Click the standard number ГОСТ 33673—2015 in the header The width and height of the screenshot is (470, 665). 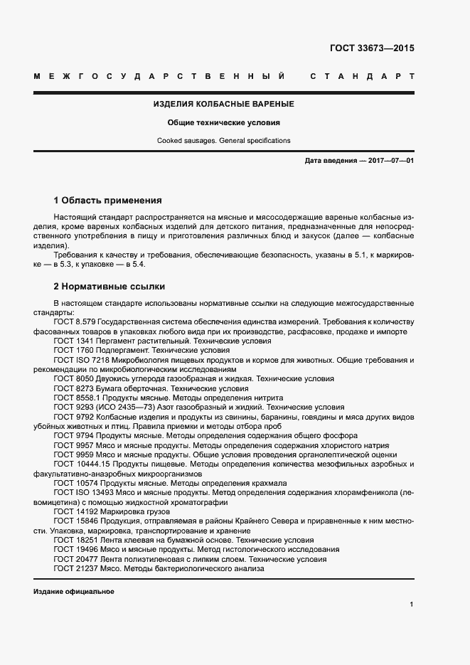(371, 49)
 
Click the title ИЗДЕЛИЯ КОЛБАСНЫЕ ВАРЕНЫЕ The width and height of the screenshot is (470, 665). (224, 104)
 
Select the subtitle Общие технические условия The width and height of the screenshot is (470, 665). (224, 122)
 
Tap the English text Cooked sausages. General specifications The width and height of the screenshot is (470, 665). (224, 140)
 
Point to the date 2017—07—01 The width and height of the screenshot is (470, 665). (390, 161)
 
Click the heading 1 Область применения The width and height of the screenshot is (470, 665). (108, 201)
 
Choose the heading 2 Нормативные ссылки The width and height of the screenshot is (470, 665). (110, 287)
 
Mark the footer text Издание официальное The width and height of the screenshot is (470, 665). (73, 592)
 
